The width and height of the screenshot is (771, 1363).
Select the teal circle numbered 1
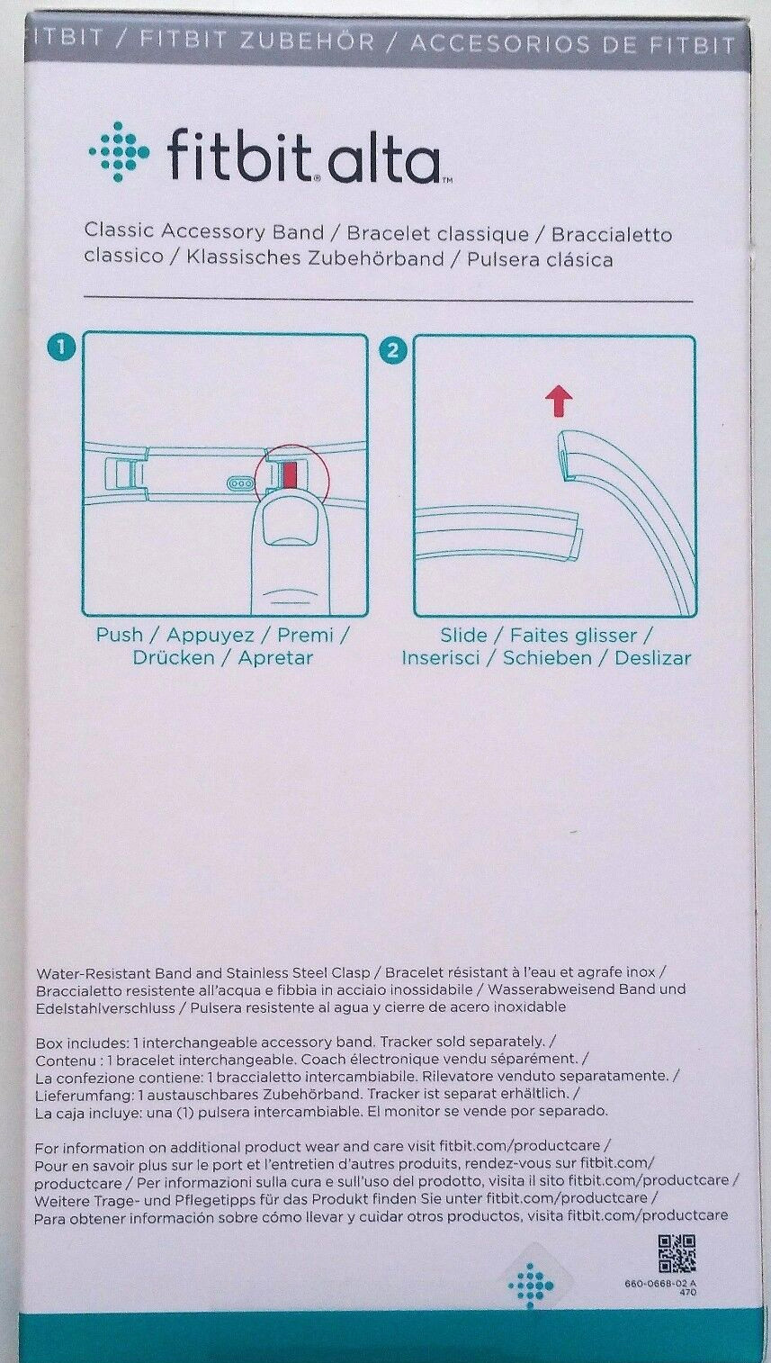point(61,348)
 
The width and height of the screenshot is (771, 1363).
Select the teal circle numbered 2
point(392,350)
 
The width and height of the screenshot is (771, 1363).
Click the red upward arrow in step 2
point(559,402)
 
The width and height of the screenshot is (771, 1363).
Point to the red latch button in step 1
point(288,475)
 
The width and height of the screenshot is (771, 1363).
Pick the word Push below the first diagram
point(119,636)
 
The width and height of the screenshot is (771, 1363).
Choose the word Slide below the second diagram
point(463,636)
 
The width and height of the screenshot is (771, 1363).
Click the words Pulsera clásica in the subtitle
point(539,260)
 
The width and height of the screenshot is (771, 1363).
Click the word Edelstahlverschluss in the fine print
point(105,1007)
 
